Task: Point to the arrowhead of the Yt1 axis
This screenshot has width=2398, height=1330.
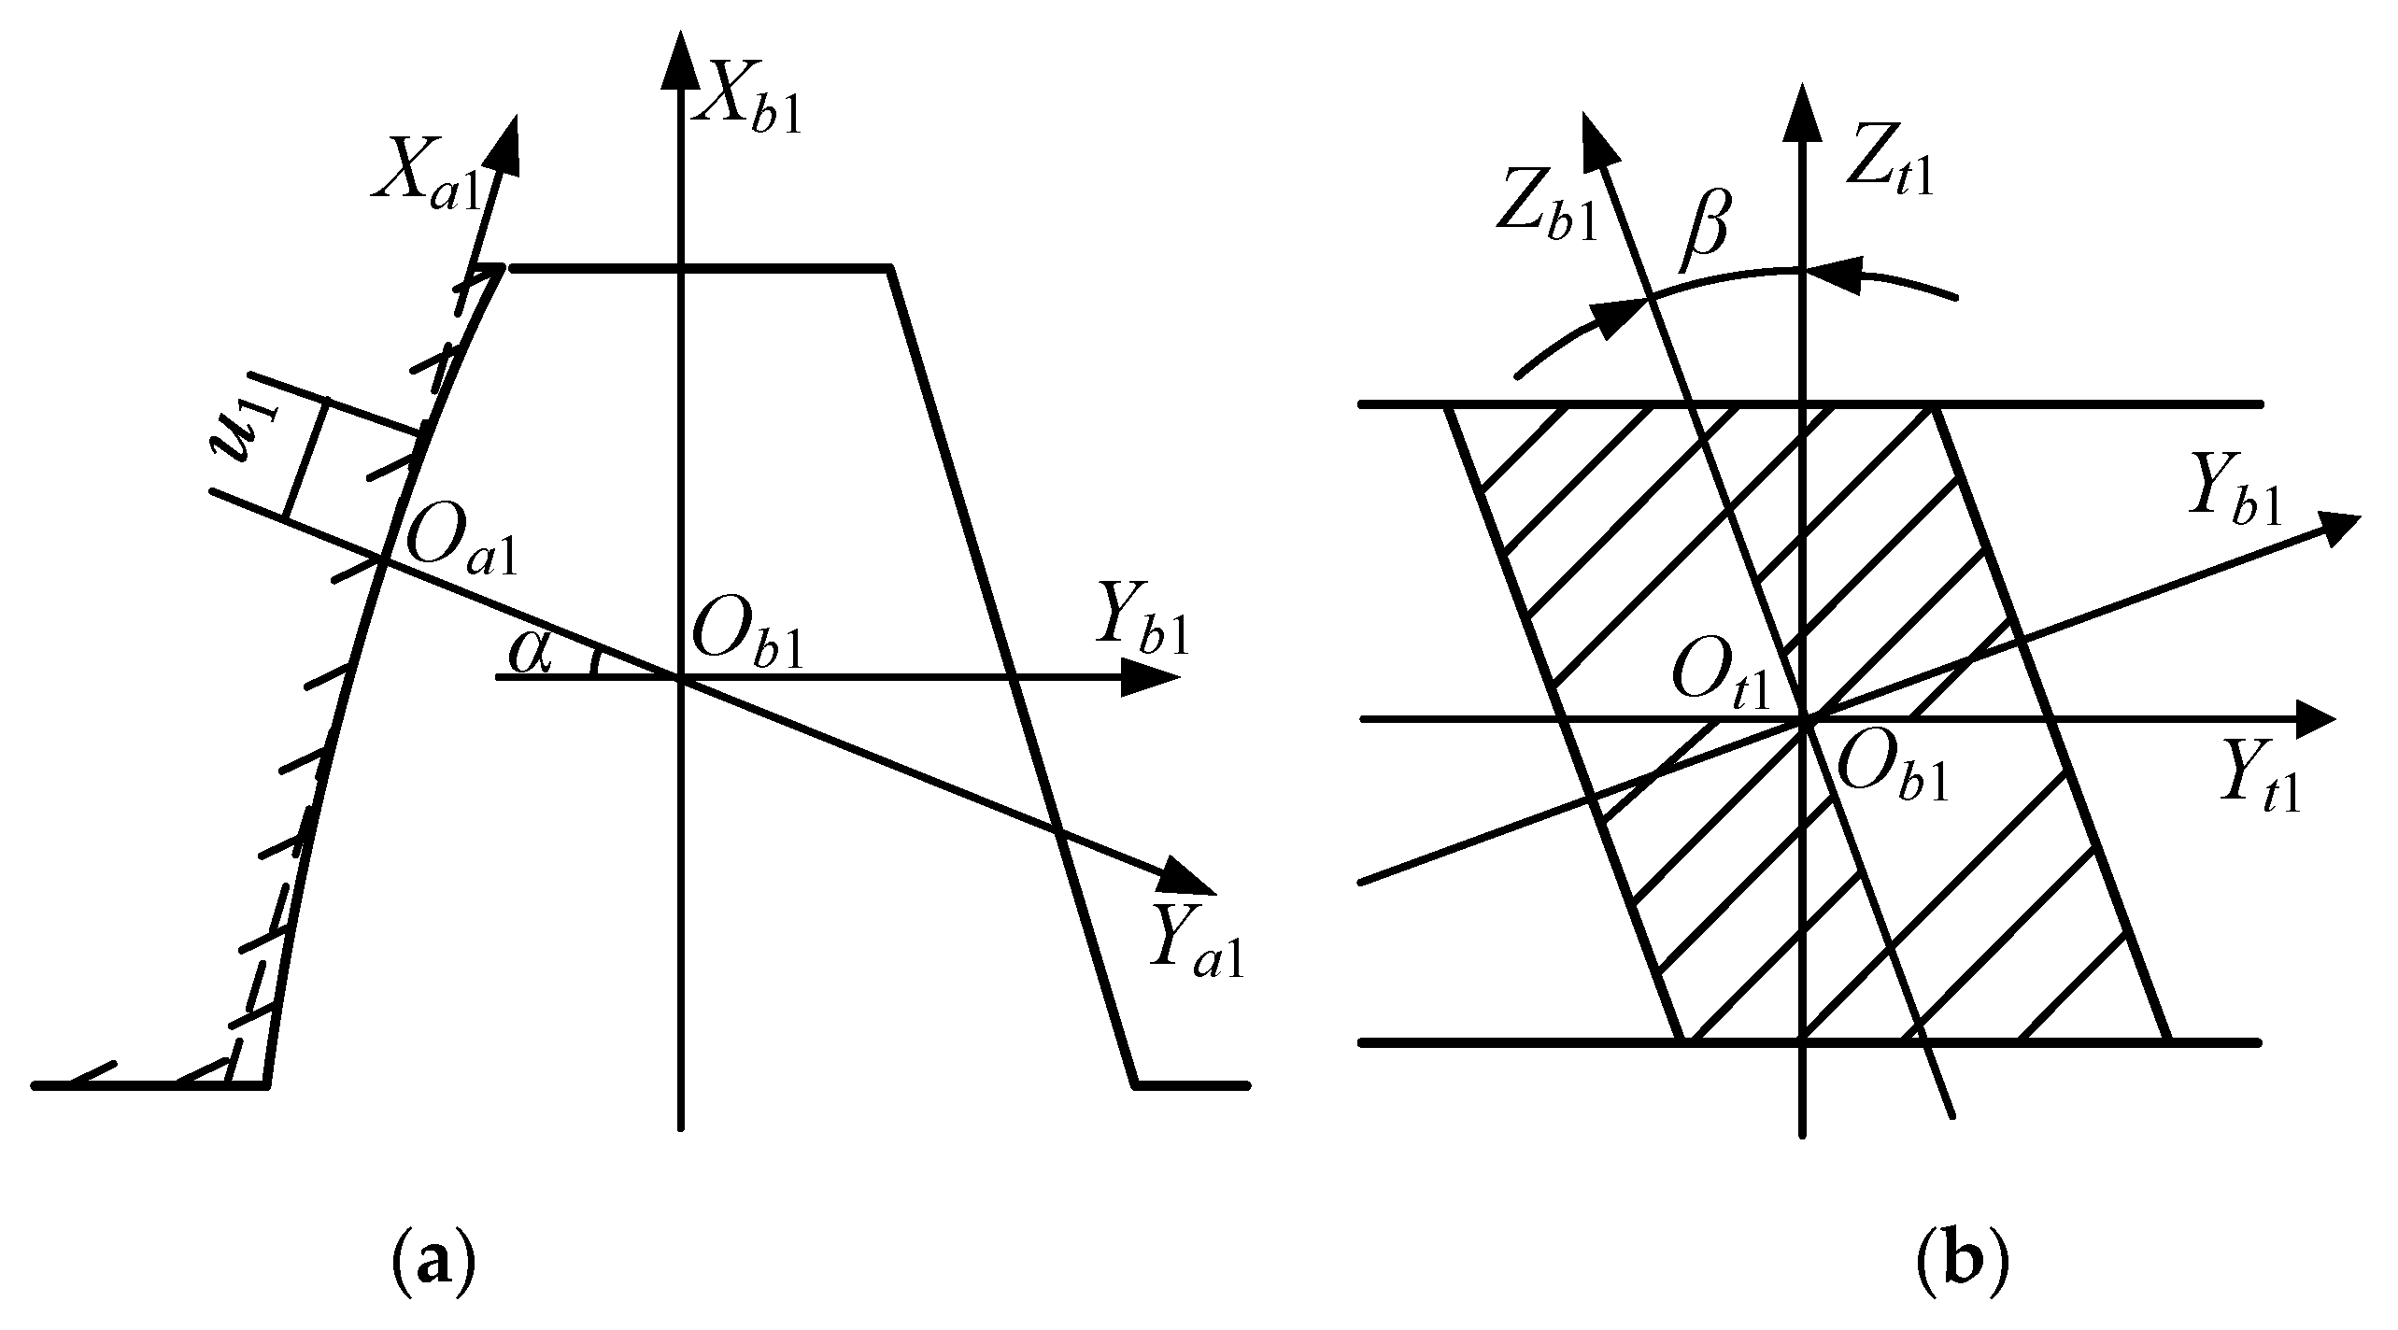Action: point(2312,719)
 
